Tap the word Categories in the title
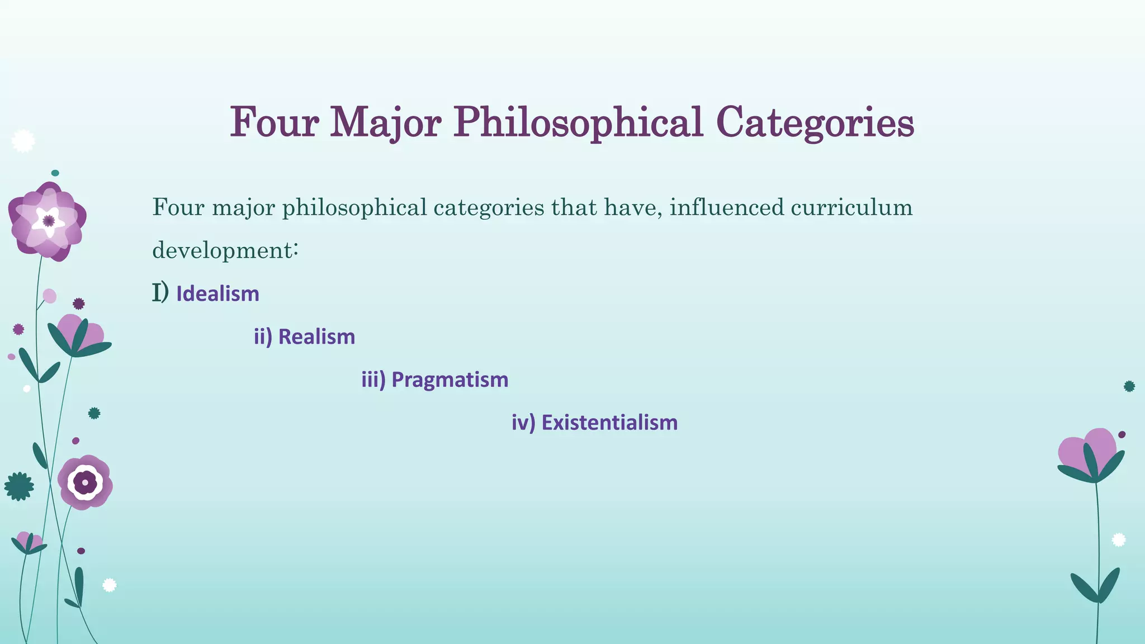click(815, 122)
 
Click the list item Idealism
click(217, 294)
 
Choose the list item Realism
click(316, 337)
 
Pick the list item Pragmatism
click(450, 380)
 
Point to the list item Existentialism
click(609, 423)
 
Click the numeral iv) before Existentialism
click(523, 423)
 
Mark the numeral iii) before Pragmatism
click(373, 380)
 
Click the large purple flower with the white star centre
click(48, 221)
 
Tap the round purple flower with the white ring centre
click(85, 482)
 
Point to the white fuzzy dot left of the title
click(23, 141)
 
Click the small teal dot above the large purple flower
click(55, 173)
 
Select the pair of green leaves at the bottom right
click(1096, 586)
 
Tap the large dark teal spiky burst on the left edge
click(18, 486)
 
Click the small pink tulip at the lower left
click(29, 542)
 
